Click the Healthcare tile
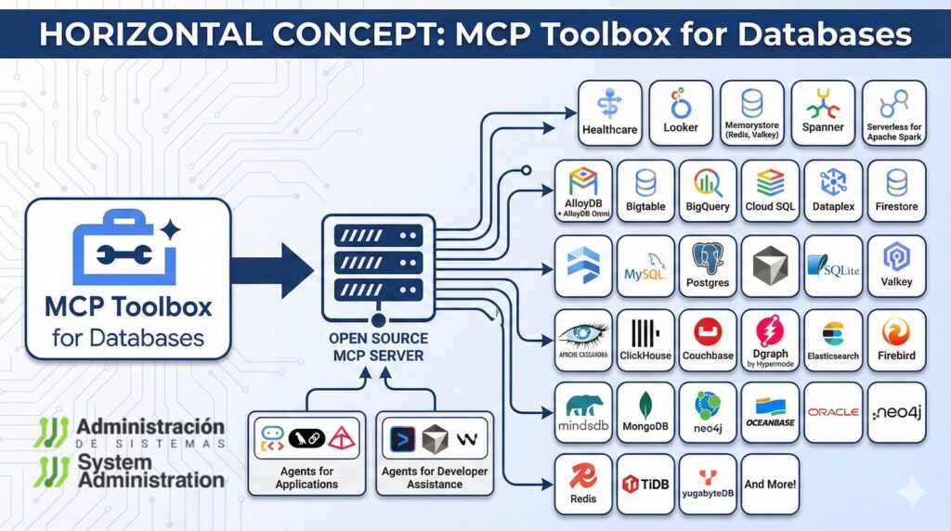coord(609,112)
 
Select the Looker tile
coord(681,112)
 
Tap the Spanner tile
coord(823,112)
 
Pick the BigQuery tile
coord(708,191)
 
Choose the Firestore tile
coord(896,191)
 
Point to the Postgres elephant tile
coord(708,265)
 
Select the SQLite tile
coord(833,265)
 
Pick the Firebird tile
coord(896,340)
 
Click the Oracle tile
coord(833,412)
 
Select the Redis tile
coord(583,484)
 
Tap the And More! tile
coord(770,484)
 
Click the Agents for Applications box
coord(306,453)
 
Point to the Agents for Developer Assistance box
coord(435,453)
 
